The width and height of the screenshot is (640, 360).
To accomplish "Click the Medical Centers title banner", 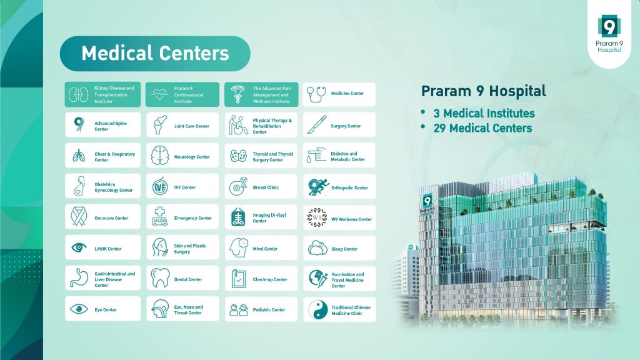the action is click(155, 54).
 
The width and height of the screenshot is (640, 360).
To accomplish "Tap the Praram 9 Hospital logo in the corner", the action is click(609, 34).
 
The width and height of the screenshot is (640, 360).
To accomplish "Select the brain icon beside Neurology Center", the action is click(159, 156).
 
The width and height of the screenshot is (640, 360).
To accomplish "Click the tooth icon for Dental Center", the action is click(160, 278).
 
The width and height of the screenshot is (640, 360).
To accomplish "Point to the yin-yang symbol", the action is click(317, 310).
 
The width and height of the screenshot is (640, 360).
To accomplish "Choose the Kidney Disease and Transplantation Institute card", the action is click(102, 94).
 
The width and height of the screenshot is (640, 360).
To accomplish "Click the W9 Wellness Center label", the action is click(351, 219).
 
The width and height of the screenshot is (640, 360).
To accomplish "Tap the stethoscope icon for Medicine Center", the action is click(316, 94).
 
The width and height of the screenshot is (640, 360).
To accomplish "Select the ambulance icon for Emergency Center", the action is click(159, 216).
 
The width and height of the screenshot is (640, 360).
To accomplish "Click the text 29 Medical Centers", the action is click(482, 128).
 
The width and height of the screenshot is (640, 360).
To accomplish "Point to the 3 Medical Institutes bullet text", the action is click(484, 113).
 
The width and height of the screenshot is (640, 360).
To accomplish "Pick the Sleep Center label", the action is click(344, 249).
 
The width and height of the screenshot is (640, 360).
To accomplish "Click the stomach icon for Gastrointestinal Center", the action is click(79, 277).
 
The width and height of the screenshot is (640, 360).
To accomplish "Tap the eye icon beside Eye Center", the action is click(79, 309).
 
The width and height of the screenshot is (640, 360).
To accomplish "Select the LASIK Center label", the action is click(107, 249).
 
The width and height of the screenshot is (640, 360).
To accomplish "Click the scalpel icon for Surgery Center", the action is click(317, 124).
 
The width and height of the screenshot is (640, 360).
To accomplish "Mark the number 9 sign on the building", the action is click(427, 201).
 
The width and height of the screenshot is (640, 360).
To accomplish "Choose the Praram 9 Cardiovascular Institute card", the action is click(182, 94).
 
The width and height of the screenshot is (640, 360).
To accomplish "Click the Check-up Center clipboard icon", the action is click(239, 278).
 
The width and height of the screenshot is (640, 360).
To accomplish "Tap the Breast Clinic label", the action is click(266, 187).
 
